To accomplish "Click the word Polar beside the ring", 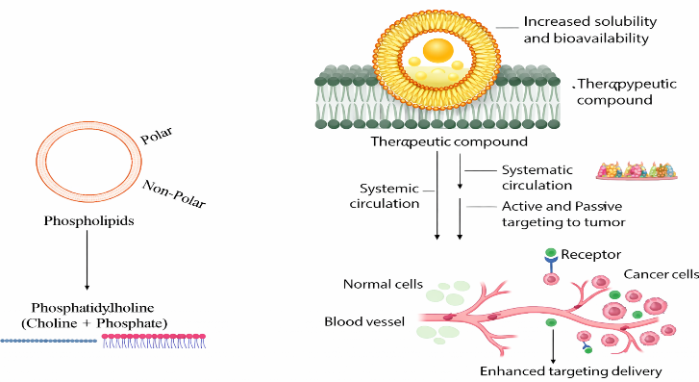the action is pyautogui.click(x=157, y=136).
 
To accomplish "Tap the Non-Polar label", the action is pyautogui.click(x=174, y=194).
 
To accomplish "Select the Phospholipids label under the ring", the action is pyautogui.click(x=88, y=221).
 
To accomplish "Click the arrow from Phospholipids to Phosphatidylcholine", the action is pyautogui.click(x=87, y=260).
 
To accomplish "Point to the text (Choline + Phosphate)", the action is pyautogui.click(x=94, y=323).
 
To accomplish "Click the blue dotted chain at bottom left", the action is pyautogui.click(x=49, y=341).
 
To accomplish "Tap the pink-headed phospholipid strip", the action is pyautogui.click(x=154, y=341).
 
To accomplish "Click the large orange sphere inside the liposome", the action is pyautogui.click(x=437, y=50).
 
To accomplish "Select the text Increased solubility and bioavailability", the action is pyautogui.click(x=589, y=30).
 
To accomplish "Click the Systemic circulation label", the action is pyautogui.click(x=385, y=196).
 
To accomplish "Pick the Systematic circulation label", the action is pyautogui.click(x=537, y=178).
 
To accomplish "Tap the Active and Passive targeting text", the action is pyautogui.click(x=563, y=215).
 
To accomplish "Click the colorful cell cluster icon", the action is pyautogui.click(x=637, y=170).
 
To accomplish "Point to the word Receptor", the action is pyautogui.click(x=590, y=254).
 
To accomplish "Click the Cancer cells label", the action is pyautogui.click(x=661, y=274).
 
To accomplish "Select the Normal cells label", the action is pyautogui.click(x=383, y=284).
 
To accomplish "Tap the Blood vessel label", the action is pyautogui.click(x=364, y=321).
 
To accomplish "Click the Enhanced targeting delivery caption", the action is pyautogui.click(x=570, y=371).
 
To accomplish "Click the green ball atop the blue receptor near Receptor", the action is pyautogui.click(x=551, y=253).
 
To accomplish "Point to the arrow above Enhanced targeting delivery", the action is pyautogui.click(x=553, y=346).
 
